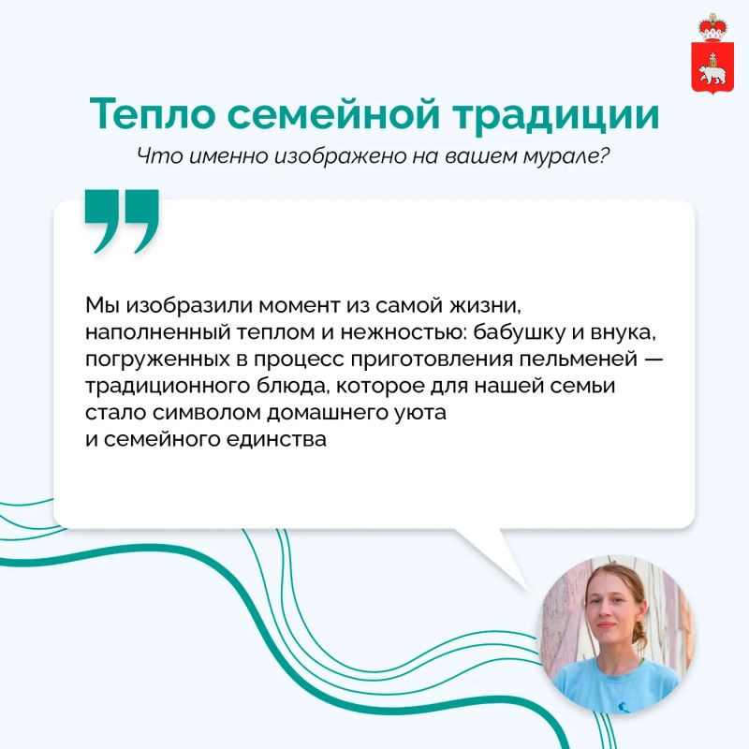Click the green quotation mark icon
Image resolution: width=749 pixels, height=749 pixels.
click(x=122, y=221)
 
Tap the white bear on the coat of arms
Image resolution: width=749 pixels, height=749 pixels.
click(x=712, y=74)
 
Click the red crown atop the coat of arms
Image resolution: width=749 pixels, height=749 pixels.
click(x=712, y=28)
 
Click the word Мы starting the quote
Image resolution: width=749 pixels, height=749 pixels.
click(x=102, y=305)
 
